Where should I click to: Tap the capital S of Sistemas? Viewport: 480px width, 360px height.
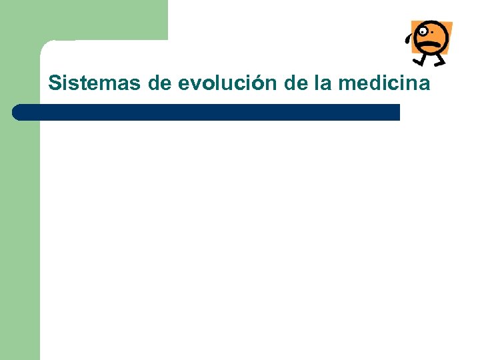point(55,84)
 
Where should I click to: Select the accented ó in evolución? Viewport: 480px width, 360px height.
point(257,83)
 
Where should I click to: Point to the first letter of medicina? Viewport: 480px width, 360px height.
point(348,85)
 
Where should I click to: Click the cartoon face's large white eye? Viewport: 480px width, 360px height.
point(423,31)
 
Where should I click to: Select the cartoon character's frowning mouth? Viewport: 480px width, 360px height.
point(429,46)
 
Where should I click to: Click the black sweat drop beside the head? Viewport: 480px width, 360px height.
point(408,37)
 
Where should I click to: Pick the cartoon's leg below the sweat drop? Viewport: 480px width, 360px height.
point(419,59)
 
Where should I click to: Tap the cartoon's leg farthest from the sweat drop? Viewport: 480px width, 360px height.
point(439,60)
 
